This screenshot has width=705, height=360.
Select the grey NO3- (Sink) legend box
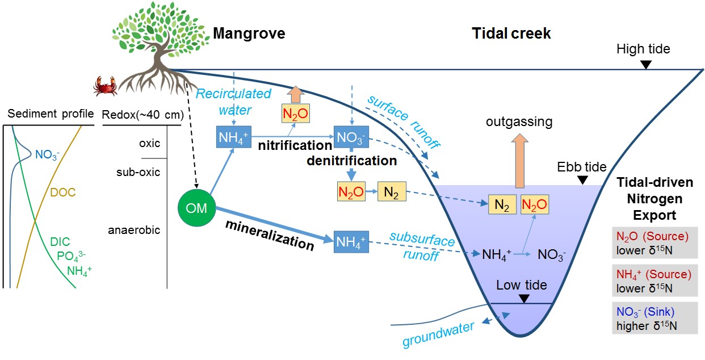(647, 318)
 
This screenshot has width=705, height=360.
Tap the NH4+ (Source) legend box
(647, 281)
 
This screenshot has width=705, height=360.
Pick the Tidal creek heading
(511, 34)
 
